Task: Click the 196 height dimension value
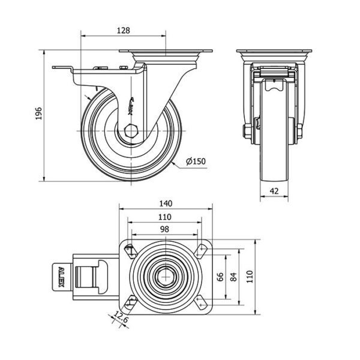click(x=38, y=114)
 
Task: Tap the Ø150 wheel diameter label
click(x=196, y=161)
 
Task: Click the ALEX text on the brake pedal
click(x=62, y=277)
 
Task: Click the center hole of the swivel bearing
click(x=166, y=277)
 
